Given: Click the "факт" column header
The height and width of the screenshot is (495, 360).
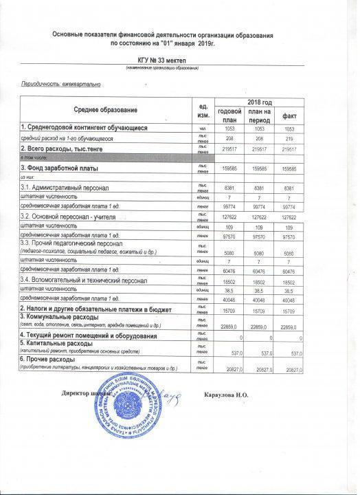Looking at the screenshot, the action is tap(289, 116).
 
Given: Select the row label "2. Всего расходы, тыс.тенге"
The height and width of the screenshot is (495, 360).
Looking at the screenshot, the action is tap(62, 148).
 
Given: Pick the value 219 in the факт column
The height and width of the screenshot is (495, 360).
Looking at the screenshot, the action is tap(289, 138).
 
